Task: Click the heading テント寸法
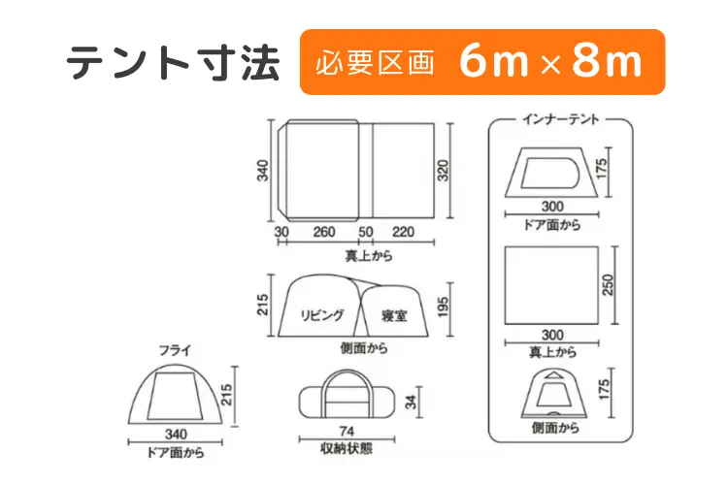pos(173,62)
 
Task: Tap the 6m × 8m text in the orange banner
pos(551,62)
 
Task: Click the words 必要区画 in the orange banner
pos(375,63)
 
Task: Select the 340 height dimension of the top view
pos(263,171)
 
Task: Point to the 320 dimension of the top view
pos(444,171)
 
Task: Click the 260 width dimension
pos(323,232)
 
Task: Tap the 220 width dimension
pos(403,232)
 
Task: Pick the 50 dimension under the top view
pos(365,232)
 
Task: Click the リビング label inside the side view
pos(321,315)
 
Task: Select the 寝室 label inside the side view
pos(394,316)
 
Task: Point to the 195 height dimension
pos(443,307)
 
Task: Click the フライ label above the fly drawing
pos(175,350)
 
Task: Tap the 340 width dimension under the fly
pos(176,434)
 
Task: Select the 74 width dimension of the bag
pos(347,432)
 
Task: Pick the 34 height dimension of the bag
pos(411,402)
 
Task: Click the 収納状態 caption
pos(347,448)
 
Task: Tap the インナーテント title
pos(560,119)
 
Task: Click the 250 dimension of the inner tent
pos(608,285)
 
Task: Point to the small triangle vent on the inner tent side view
pos(553,374)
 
